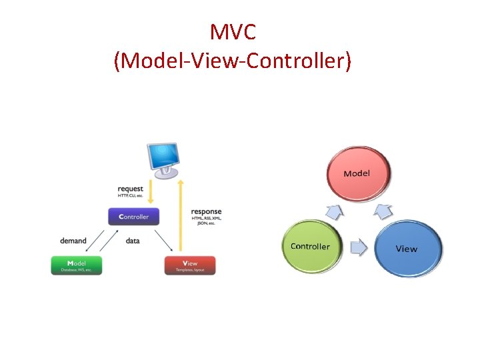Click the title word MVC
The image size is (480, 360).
233,31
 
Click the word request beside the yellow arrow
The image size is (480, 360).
131,189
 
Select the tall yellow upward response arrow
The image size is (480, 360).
180,213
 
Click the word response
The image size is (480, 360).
206,212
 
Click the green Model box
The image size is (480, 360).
77,265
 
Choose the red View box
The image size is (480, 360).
190,265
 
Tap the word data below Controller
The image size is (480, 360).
133,241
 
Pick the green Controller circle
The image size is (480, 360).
311,246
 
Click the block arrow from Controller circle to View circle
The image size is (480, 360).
359,248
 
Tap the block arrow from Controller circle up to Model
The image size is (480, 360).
335,213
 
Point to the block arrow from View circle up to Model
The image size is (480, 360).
383,212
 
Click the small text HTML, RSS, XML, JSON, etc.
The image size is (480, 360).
206,221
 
